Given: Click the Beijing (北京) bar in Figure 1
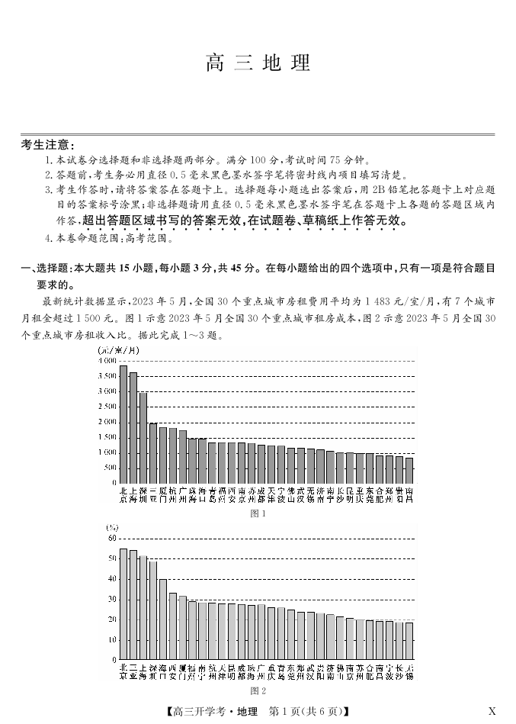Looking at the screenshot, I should (123, 424).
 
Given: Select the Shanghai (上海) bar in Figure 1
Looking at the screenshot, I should (133, 427).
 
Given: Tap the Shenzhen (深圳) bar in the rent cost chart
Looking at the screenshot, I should (143, 438).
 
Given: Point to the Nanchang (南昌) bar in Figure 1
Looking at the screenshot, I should (409, 470).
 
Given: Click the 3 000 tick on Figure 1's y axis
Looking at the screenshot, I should (107, 391).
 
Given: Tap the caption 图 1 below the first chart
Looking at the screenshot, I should (258, 513).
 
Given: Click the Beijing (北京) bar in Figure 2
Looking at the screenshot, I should (123, 603).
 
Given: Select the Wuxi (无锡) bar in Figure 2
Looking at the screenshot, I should (409, 641).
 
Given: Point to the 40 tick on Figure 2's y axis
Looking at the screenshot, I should (112, 579).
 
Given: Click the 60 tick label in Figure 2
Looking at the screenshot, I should (112, 539).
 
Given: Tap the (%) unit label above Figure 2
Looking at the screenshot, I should (113, 528).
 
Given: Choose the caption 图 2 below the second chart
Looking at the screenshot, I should (258, 692).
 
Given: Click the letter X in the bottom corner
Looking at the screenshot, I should (492, 712).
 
